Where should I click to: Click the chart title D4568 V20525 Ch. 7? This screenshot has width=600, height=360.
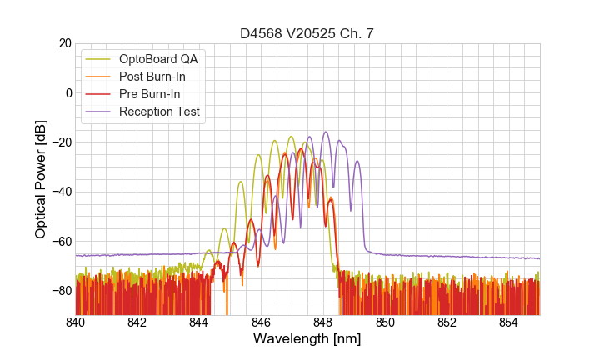(307, 33)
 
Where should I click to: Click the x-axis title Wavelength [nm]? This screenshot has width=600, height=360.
(307, 339)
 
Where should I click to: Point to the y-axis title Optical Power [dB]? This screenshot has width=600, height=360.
(41, 179)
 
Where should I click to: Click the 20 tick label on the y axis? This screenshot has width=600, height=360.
(64, 43)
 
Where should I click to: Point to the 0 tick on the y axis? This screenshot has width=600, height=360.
(67, 92)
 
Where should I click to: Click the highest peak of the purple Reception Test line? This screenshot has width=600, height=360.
(326, 132)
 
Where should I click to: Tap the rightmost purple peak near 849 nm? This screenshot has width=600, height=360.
(357, 161)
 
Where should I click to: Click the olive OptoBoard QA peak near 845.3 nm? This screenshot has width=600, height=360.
(240, 182)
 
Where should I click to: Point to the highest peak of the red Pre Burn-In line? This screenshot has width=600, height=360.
(300, 148)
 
